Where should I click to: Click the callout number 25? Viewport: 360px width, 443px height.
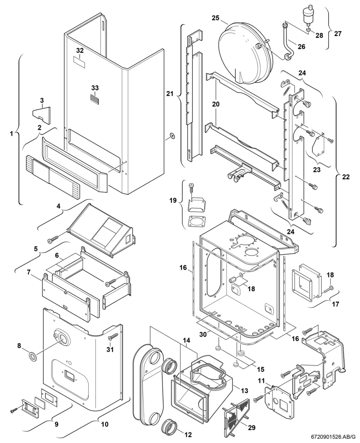216,18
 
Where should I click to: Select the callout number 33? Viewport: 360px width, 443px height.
95,88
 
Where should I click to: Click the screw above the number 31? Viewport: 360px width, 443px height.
113,336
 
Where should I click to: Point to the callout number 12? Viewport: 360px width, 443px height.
188,434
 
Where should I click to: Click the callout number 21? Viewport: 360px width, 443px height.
170,94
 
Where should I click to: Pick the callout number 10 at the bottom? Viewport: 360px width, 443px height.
105,424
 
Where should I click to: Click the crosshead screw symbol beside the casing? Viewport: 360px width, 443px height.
172,136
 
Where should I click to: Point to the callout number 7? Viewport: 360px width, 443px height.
29,272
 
